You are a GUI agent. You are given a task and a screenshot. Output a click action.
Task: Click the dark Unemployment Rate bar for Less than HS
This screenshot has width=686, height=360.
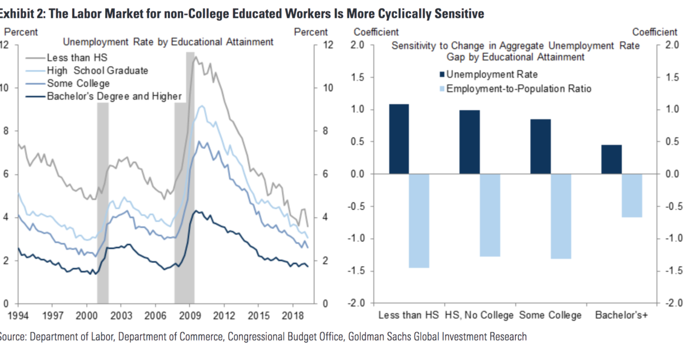pos(399,139)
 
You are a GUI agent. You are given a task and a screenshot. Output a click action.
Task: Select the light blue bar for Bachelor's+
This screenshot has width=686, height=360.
pos(632,195)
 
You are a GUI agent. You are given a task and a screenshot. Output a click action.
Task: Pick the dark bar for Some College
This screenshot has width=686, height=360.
pos(541,146)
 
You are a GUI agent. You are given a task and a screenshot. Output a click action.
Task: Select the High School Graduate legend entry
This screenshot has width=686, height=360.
pos(97,70)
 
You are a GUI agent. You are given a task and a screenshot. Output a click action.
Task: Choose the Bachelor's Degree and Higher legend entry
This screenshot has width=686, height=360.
pos(114,96)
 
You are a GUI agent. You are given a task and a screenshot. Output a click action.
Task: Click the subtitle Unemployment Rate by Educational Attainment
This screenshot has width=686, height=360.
pos(167,42)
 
